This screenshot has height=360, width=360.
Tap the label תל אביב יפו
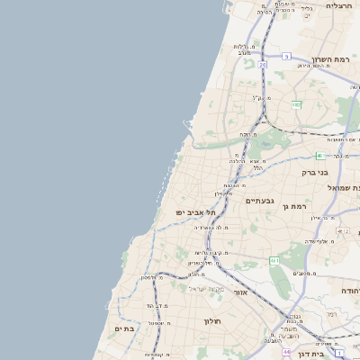(193, 212)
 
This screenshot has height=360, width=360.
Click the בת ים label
(124, 329)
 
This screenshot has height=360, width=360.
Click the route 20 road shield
(263, 65)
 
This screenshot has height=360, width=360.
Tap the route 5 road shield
(285, 56)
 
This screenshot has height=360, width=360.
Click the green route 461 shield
(274, 260)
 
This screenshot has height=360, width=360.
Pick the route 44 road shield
(273, 353)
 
